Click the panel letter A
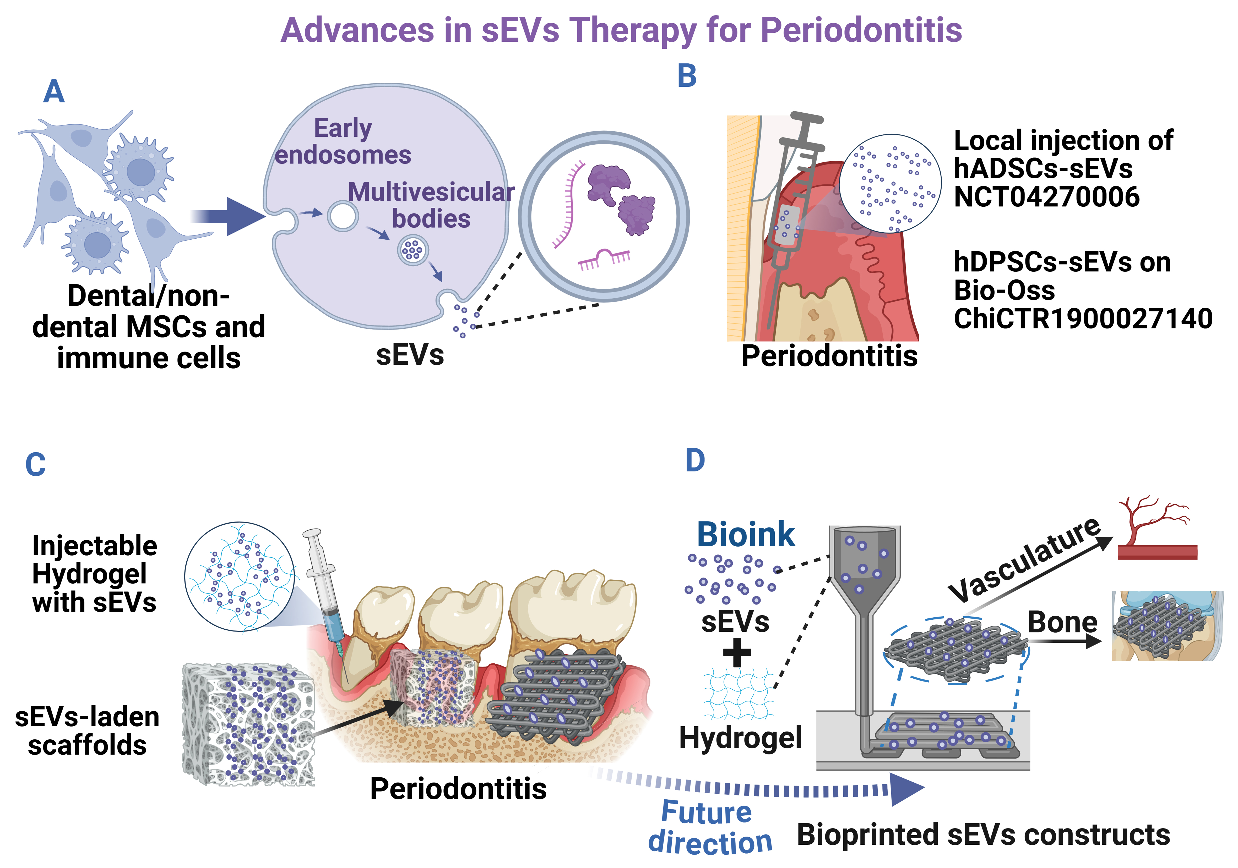(x=54, y=92)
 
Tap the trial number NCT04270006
(x=1046, y=197)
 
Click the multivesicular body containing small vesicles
(x=412, y=251)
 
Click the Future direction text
(x=709, y=827)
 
